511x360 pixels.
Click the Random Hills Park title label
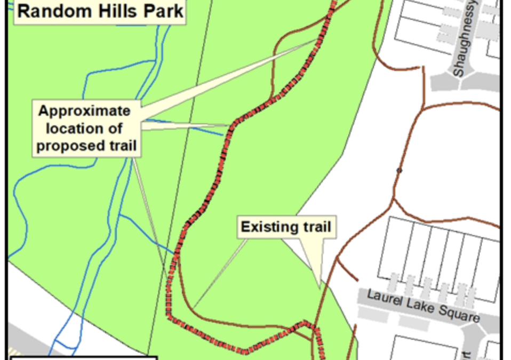click(100, 11)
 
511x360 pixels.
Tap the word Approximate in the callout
click(84, 111)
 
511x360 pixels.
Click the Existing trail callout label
click(286, 227)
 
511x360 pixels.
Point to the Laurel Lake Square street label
click(423, 305)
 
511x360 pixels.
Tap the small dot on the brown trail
click(399, 171)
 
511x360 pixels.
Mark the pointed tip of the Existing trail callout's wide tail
click(320, 289)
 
